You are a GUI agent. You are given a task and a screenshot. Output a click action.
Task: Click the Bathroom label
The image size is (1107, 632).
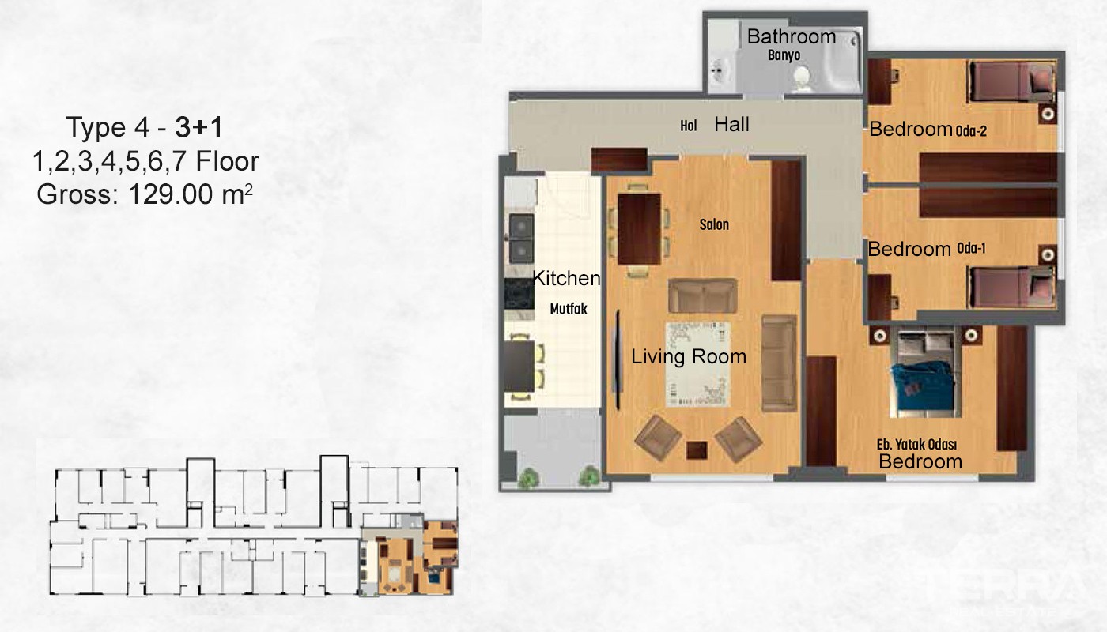click(x=792, y=37)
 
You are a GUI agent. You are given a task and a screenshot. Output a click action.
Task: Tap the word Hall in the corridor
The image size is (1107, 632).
click(x=731, y=125)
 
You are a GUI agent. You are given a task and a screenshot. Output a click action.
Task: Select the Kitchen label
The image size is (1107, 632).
click(x=566, y=278)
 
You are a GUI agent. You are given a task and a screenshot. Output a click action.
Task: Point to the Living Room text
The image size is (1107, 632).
click(x=689, y=356)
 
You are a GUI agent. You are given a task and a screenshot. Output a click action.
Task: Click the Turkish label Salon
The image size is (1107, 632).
click(x=714, y=224)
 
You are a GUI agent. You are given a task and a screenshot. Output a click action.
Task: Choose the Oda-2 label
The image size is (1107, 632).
click(x=971, y=131)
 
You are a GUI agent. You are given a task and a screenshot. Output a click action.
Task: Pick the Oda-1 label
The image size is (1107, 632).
click(x=971, y=248)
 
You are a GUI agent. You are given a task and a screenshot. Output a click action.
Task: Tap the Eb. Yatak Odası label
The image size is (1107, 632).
click(x=916, y=444)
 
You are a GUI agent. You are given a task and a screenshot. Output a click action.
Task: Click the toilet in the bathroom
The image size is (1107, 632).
click(x=802, y=79)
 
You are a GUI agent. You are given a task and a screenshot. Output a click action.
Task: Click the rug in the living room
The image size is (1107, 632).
click(x=697, y=364)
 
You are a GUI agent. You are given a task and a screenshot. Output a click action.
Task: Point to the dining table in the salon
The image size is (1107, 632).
click(x=639, y=229)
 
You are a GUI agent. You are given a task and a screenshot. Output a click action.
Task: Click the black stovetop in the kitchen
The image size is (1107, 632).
click(x=519, y=294)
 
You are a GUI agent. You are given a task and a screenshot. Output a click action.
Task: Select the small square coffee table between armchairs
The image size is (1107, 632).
click(x=697, y=450)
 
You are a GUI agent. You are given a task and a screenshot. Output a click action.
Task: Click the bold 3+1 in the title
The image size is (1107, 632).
click(x=198, y=127)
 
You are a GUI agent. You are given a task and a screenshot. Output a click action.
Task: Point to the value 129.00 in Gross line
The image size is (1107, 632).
click(x=171, y=194)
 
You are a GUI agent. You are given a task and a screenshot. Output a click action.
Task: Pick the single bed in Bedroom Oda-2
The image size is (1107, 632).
click(x=1011, y=81)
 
